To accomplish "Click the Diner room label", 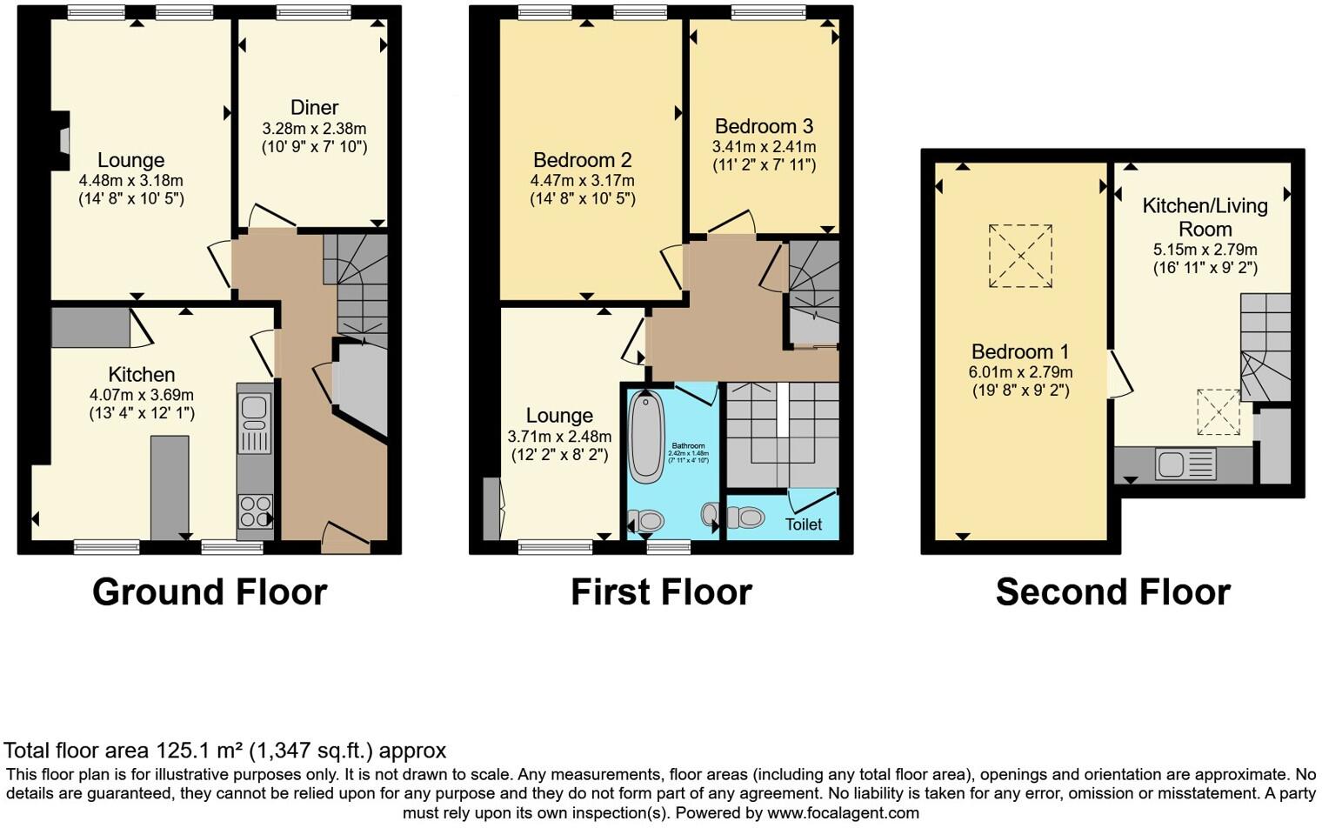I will click(x=314, y=108).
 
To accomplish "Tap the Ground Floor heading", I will click(x=210, y=592).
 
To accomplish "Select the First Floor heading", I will click(x=661, y=592).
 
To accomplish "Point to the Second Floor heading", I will click(x=1112, y=592).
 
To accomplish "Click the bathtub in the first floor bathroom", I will click(x=645, y=437).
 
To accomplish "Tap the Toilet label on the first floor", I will click(x=803, y=524).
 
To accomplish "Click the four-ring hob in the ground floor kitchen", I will click(x=255, y=511).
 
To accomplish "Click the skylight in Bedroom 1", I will click(x=1020, y=256).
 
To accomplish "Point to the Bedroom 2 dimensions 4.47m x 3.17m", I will click(x=582, y=181).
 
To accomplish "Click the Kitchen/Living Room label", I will click(x=1205, y=217).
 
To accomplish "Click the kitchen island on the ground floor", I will click(x=170, y=487).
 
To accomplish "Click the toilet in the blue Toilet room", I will click(x=743, y=517).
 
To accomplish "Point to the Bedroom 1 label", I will click(x=1020, y=351).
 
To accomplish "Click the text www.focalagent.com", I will click(x=843, y=813).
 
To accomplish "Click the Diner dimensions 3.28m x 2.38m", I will click(x=314, y=129).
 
